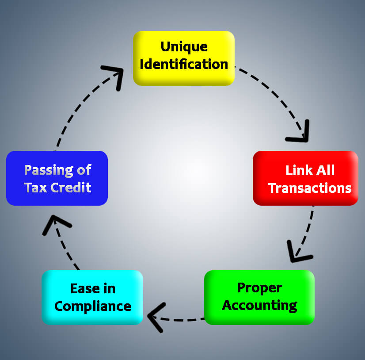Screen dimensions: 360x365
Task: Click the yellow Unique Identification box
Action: pos(183,57)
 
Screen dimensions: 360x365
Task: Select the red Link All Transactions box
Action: pos(305,178)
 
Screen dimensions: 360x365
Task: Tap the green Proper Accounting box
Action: pos(259,297)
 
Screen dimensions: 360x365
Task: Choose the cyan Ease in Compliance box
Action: pos(92,297)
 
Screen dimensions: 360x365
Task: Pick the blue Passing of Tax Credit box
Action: pos(57,178)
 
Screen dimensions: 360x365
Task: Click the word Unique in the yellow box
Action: pos(184,46)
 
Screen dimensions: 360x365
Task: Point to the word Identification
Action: pos(184,64)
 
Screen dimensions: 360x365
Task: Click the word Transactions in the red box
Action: pos(310,188)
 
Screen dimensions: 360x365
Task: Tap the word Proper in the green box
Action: pos(260,287)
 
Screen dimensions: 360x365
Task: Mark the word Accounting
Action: pos(260,305)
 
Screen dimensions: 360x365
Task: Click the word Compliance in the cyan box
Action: pos(93,306)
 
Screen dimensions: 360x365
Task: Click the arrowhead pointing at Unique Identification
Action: pos(116,75)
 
